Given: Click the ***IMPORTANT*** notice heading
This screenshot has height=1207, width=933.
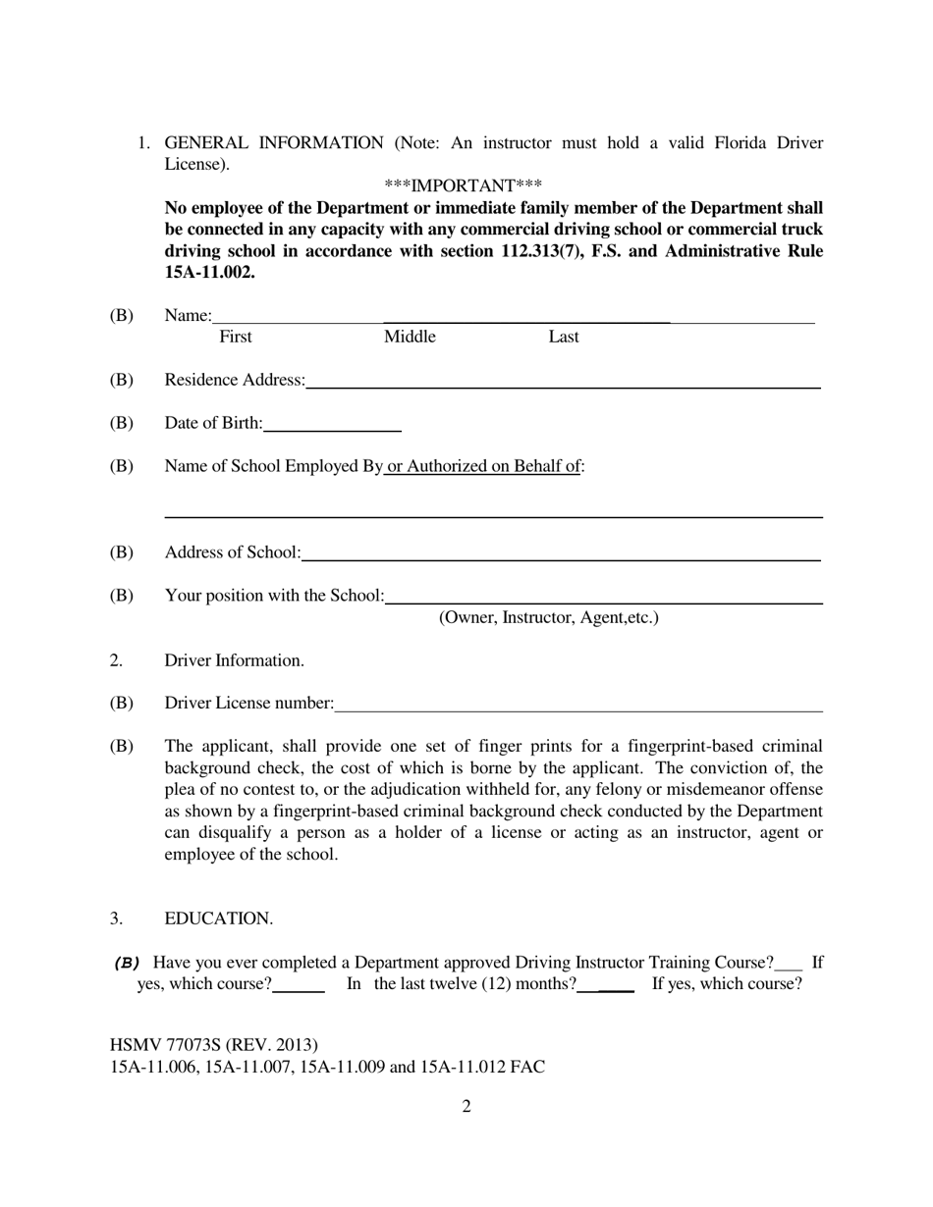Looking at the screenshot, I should [463, 185].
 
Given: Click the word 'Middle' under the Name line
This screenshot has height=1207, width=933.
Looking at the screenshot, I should [410, 337].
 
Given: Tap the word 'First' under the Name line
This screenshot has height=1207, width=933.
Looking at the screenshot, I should [235, 337].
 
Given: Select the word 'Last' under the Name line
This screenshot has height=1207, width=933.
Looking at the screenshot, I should [563, 337].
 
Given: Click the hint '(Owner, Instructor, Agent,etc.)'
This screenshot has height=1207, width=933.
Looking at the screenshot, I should [548, 617].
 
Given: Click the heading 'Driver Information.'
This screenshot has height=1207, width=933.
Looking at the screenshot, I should [234, 660].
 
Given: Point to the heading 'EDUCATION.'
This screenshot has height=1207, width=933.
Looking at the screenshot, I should [218, 918].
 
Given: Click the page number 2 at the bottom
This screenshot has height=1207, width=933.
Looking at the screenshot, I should [466, 1107].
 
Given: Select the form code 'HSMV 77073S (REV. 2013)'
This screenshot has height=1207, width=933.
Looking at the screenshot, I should [213, 1045].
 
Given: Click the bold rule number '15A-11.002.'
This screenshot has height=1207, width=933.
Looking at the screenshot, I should [209, 272].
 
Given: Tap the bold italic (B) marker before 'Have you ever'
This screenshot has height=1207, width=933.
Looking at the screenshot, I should [128, 963].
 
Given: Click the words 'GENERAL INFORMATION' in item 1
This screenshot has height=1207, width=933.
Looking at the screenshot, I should [274, 143].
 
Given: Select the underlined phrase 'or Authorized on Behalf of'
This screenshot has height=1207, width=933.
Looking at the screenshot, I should [482, 466].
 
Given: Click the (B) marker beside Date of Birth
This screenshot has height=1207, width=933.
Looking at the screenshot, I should [121, 423].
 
